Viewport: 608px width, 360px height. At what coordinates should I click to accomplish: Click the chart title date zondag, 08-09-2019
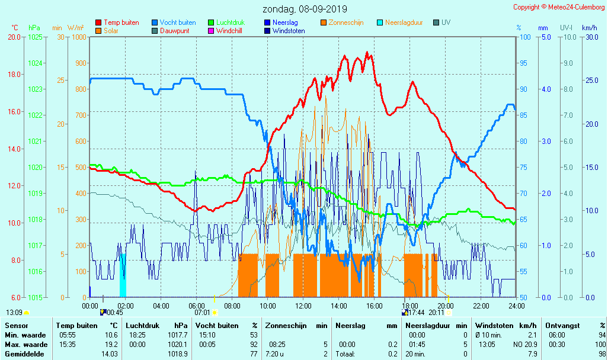(305, 9)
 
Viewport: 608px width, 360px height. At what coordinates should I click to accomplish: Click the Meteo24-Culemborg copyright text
(559, 7)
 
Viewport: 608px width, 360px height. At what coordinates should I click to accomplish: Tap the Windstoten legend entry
(289, 31)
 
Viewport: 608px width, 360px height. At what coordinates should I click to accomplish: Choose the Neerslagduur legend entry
(404, 22)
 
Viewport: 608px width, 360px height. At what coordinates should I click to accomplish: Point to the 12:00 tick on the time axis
(303, 306)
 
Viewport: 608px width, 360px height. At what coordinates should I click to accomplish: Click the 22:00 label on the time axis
(481, 306)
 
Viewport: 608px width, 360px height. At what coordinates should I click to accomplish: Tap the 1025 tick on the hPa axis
(35, 37)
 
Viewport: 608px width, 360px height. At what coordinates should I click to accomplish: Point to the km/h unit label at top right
(590, 28)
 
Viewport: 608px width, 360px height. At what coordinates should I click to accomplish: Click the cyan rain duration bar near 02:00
(123, 275)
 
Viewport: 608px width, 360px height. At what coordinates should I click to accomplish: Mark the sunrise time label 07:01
(202, 313)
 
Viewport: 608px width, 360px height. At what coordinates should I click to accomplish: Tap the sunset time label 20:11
(436, 313)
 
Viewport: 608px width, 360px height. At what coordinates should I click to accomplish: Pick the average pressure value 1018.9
(178, 353)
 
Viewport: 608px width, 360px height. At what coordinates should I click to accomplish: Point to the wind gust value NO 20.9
(526, 345)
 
